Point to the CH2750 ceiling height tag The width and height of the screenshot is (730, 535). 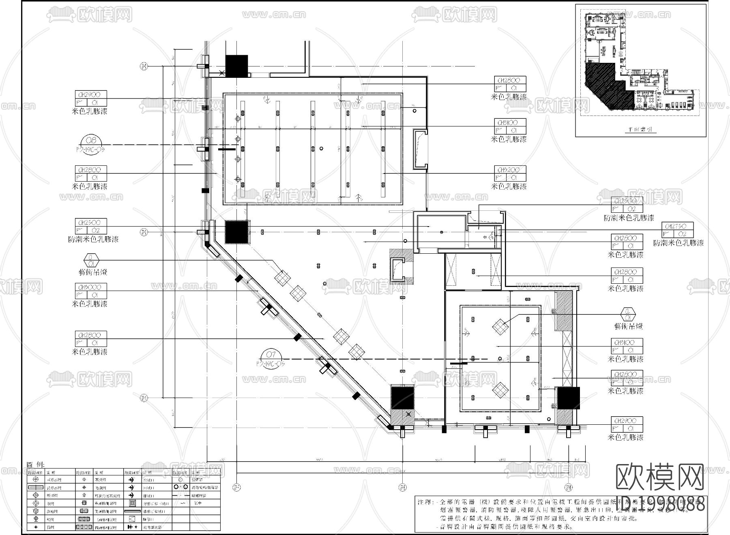point(678,226)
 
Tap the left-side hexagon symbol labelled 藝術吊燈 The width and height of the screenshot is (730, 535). point(91,260)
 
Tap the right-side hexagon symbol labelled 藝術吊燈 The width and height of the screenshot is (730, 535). point(628,314)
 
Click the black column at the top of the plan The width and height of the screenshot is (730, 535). point(236,66)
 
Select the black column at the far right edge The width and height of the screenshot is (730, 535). point(568,398)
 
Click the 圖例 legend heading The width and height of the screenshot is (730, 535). point(36,465)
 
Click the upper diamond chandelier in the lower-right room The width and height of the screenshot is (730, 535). point(500,326)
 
